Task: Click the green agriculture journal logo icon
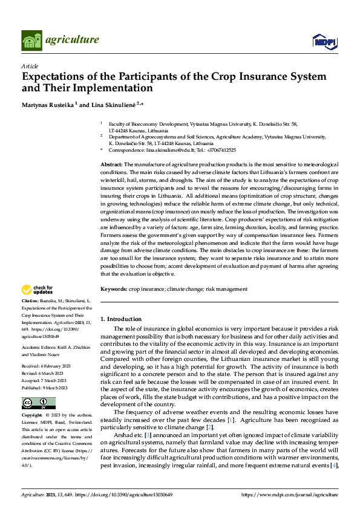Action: click(x=32, y=40)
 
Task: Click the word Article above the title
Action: click(x=30, y=66)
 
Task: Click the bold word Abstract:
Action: click(x=111, y=164)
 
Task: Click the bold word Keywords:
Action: click(x=113, y=289)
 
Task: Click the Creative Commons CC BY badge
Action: click(x=38, y=403)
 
